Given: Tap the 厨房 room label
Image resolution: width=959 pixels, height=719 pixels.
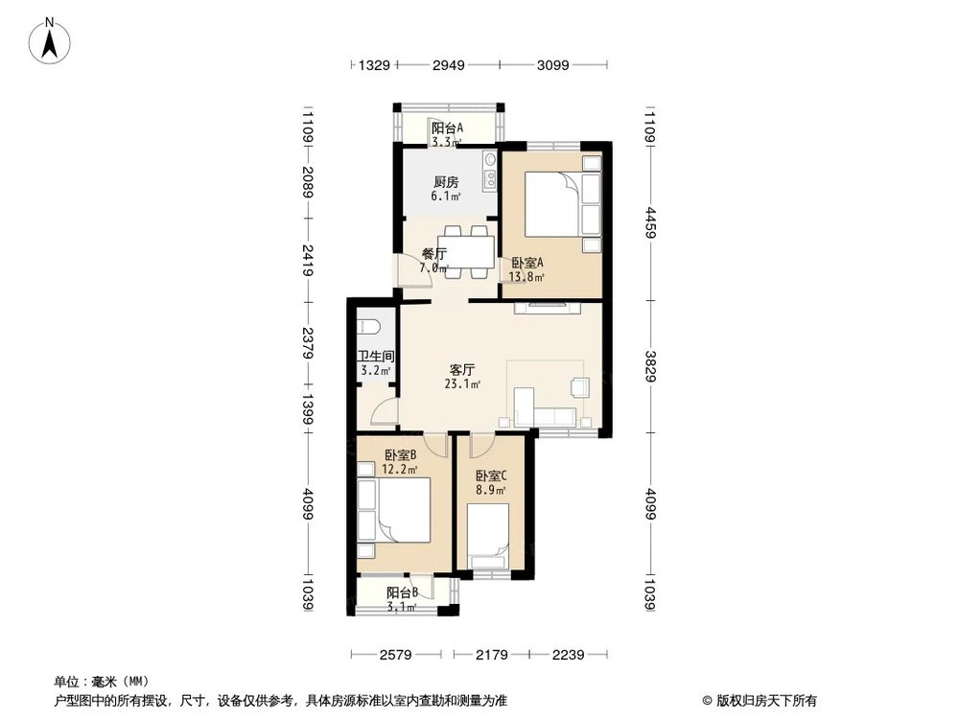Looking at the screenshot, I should (x=444, y=181).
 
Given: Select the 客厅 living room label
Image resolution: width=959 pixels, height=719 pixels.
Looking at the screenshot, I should (x=463, y=369).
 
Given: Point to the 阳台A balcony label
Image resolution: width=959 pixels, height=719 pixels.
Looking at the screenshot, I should (x=447, y=128).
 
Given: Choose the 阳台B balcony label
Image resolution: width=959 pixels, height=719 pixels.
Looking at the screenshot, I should (x=402, y=592).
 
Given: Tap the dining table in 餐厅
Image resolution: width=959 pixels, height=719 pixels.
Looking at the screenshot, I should (x=467, y=251).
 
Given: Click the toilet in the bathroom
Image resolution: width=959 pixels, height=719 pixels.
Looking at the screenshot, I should (x=372, y=323).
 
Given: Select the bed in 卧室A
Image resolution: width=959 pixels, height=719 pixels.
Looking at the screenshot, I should (x=549, y=204).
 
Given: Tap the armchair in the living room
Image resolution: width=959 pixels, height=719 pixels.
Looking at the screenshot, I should (x=580, y=386).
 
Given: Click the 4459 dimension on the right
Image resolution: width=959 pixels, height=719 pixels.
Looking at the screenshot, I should (x=650, y=221).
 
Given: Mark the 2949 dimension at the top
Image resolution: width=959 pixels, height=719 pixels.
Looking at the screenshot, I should (x=448, y=66).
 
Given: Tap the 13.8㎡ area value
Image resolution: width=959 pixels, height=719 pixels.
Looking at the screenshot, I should (x=528, y=278).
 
